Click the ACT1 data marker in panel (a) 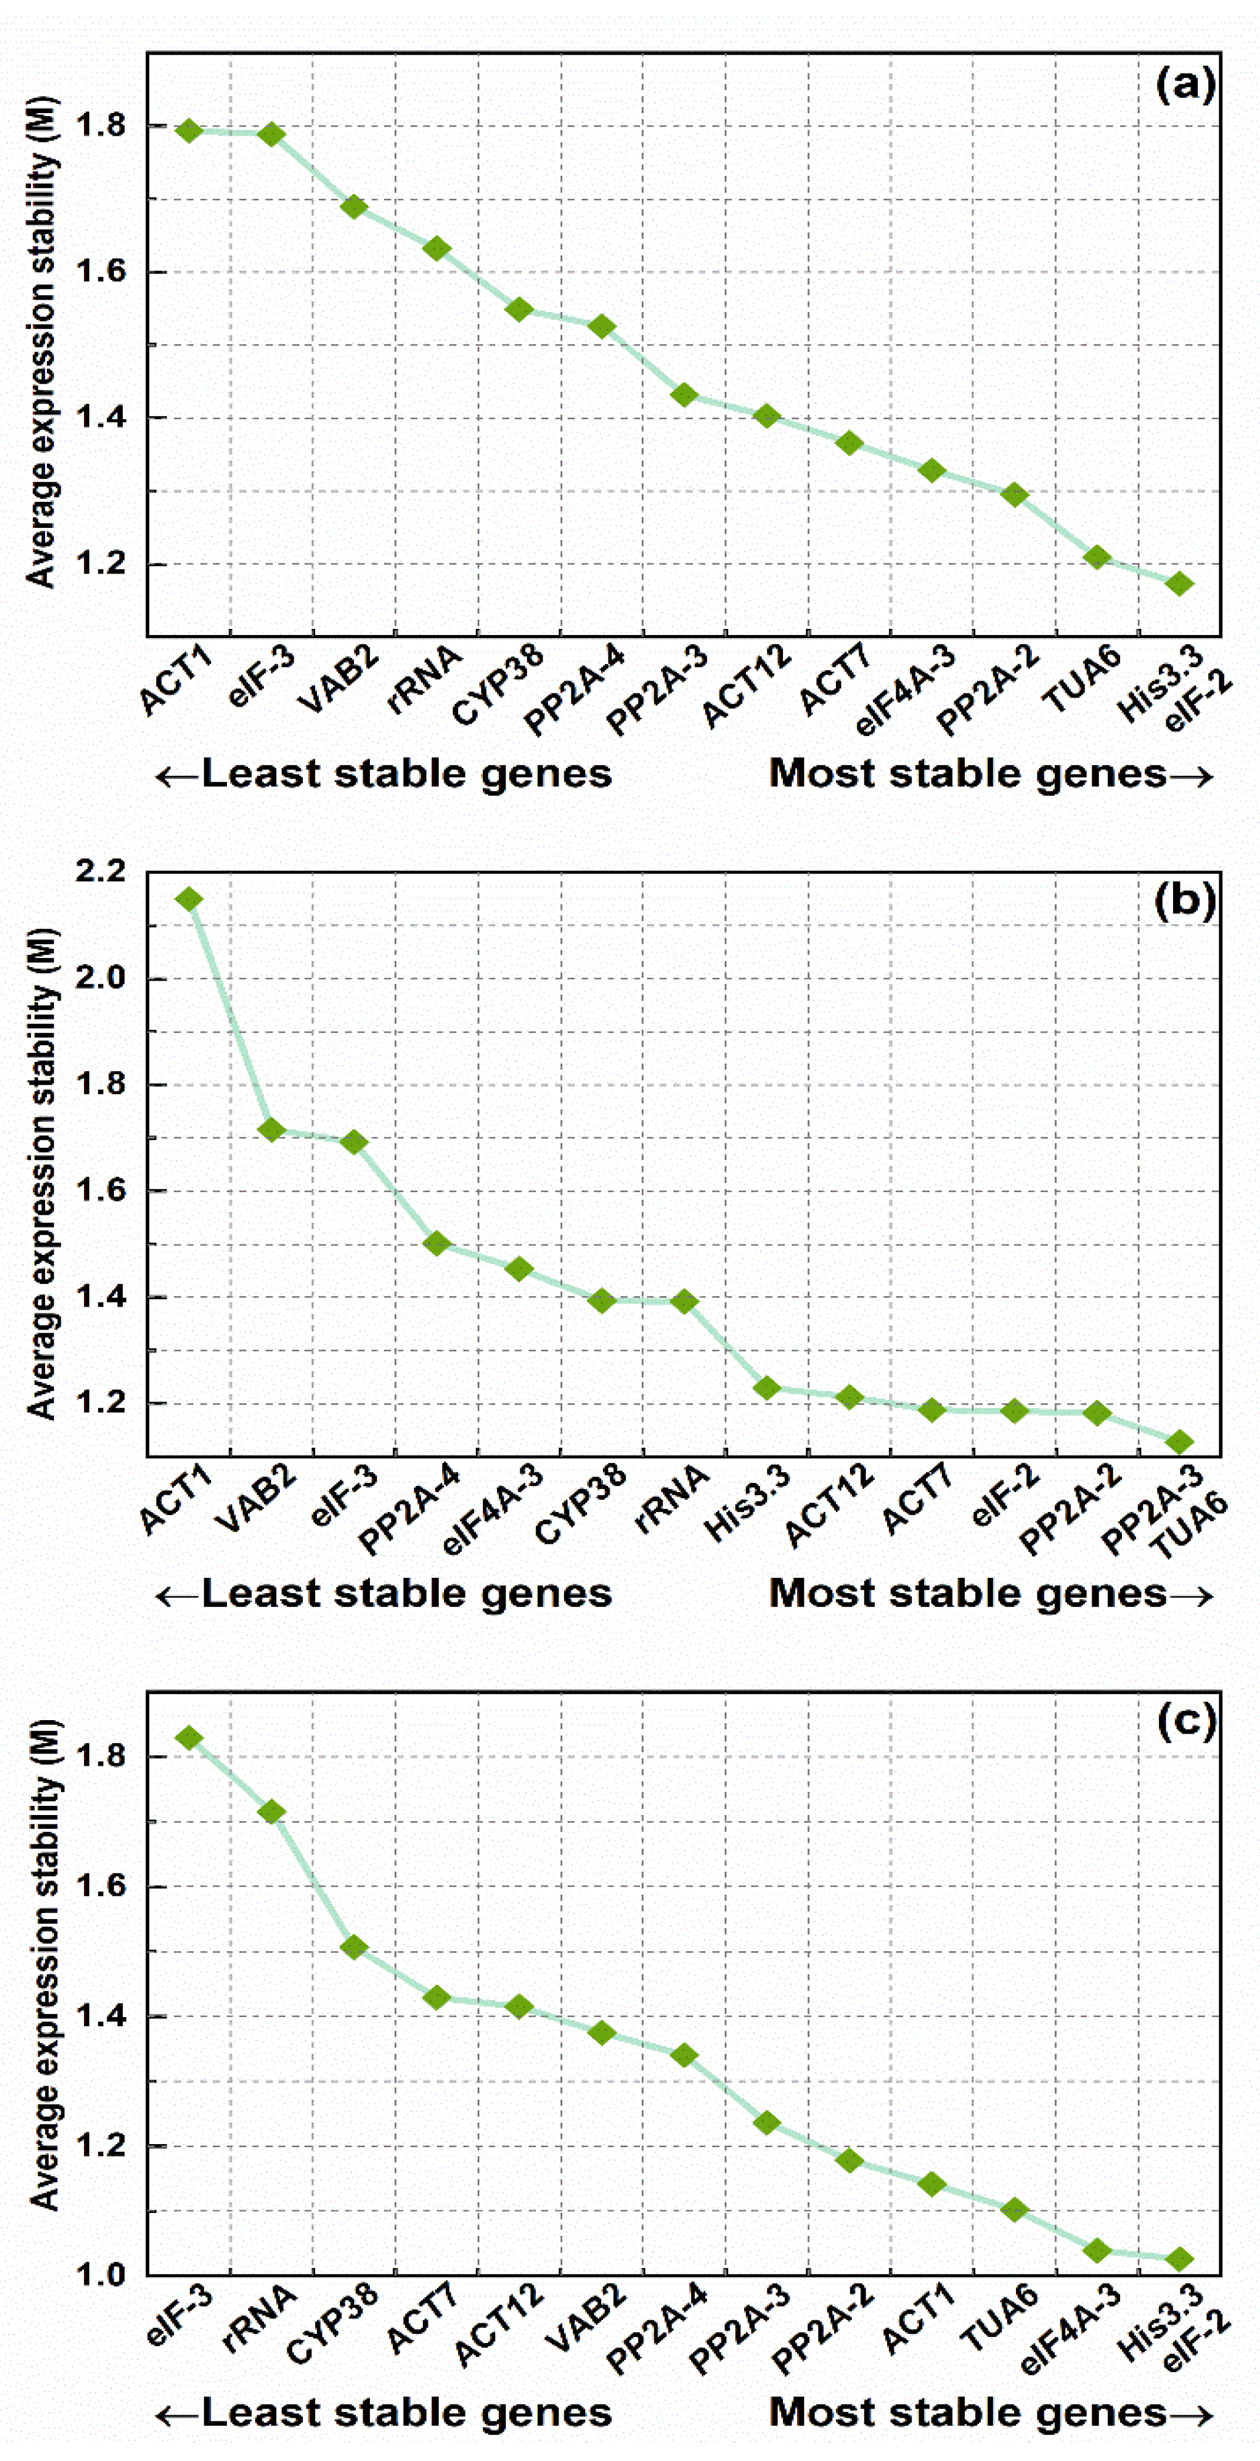[189, 131]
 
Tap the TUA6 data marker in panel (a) [1097, 557]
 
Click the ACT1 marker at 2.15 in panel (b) [189, 899]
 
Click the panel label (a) [1185, 86]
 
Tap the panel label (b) [1185, 901]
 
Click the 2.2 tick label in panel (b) [100, 871]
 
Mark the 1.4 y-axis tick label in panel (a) [100, 417]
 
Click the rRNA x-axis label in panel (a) [424, 680]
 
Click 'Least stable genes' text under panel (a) [406, 774]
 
